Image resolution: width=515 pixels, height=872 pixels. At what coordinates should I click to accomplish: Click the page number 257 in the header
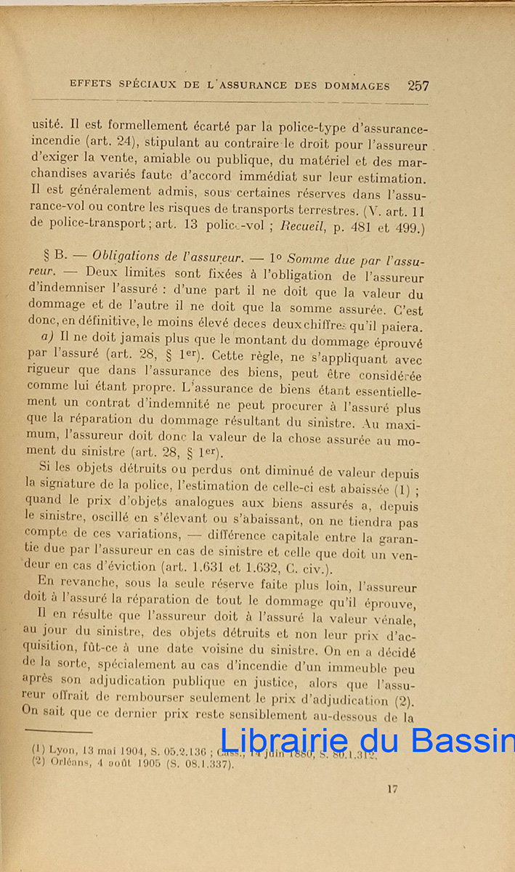tap(418, 85)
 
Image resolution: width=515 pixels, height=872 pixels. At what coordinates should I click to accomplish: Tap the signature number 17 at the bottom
tap(392, 789)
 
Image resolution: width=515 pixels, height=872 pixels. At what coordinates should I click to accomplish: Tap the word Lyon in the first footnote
tap(62, 748)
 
